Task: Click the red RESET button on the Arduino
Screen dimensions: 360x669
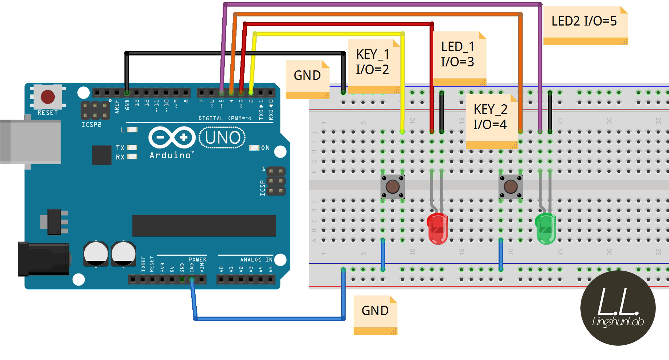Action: [47, 97]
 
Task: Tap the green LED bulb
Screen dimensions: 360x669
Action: [545, 228]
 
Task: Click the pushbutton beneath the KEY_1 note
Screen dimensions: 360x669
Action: [392, 187]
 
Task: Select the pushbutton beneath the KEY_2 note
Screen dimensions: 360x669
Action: [510, 187]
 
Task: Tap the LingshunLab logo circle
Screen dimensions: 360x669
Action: [618, 308]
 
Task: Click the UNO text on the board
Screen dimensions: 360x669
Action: [223, 138]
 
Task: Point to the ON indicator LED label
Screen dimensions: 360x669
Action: [265, 148]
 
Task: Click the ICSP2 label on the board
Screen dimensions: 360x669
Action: [91, 124]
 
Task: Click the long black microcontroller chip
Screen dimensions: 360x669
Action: [204, 226]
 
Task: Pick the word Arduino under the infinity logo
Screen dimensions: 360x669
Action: [170, 155]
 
